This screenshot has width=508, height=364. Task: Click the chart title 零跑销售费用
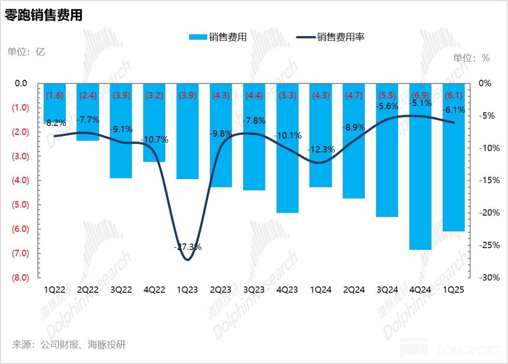(x=44, y=15)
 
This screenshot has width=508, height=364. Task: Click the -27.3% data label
(x=188, y=247)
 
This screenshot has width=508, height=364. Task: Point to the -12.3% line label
(x=321, y=149)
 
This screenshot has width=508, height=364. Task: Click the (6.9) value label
(x=420, y=95)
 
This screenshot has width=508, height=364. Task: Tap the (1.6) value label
(x=54, y=95)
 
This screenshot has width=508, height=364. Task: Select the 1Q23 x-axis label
(x=187, y=290)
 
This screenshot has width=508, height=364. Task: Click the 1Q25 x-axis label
(x=454, y=290)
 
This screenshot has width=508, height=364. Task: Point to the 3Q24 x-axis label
(x=387, y=290)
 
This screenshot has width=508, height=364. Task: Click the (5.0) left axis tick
(x=20, y=204)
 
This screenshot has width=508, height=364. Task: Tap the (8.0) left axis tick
(x=20, y=277)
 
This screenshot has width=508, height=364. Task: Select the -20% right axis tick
(x=489, y=213)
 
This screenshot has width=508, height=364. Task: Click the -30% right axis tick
(x=489, y=277)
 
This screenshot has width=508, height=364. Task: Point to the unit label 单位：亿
(x=26, y=52)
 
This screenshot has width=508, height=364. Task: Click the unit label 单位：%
(x=471, y=58)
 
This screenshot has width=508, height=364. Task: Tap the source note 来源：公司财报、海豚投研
(x=69, y=344)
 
